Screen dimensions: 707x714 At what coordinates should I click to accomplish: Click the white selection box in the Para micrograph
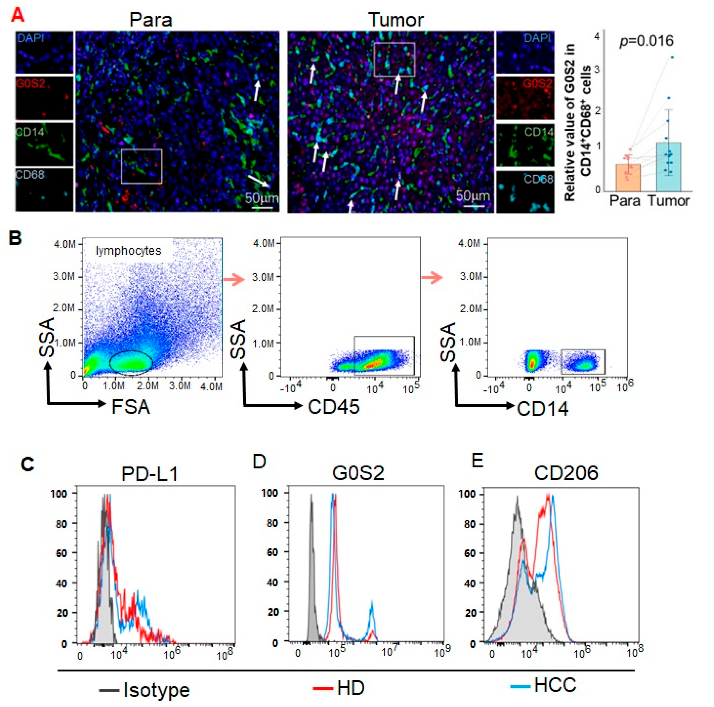[x=141, y=166]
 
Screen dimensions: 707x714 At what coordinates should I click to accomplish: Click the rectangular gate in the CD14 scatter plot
[x=583, y=362]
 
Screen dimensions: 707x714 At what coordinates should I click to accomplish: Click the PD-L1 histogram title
[x=150, y=474]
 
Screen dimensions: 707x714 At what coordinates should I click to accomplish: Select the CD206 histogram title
[x=566, y=473]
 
